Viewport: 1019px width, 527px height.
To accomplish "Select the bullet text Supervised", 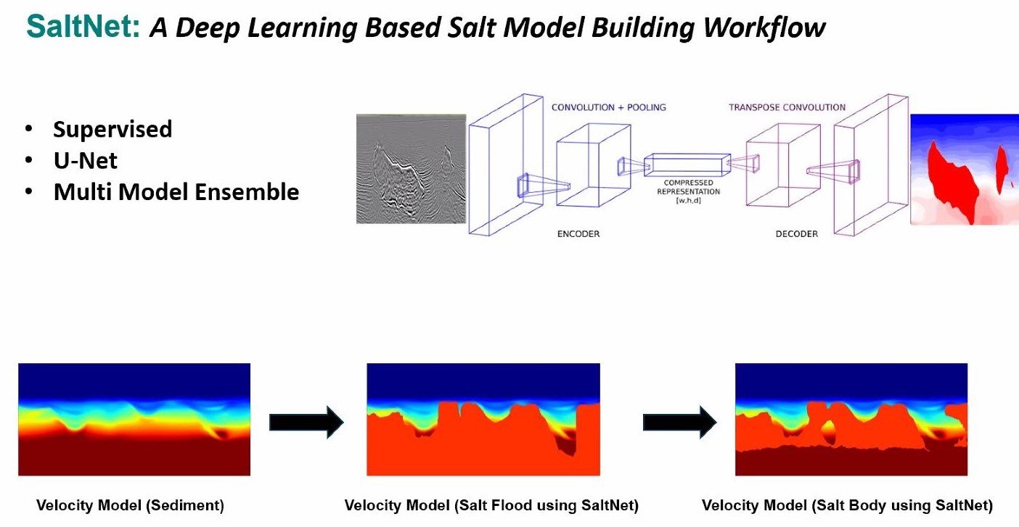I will [112, 129].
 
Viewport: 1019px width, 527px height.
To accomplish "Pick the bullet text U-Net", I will [85, 160].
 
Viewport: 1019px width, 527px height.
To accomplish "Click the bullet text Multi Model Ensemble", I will [176, 192].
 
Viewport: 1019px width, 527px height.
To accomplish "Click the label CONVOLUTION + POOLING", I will [608, 107].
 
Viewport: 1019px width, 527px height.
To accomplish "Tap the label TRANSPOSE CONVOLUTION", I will [787, 107].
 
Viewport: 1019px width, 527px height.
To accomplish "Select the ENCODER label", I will [578, 234].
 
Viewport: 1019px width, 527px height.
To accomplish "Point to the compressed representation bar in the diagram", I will [686, 165].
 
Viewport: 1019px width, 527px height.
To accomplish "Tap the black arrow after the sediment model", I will [306, 422].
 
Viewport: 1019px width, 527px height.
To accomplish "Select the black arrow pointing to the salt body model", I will [679, 422].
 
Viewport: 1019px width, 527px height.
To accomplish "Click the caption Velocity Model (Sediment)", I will [131, 505].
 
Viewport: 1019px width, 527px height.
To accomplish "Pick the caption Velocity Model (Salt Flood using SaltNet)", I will [491, 505].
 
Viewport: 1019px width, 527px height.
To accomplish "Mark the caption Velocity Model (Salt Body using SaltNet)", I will [847, 505].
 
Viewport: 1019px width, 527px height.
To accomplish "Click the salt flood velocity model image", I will [483, 420].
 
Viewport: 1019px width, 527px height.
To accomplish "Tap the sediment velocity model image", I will [134, 420].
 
